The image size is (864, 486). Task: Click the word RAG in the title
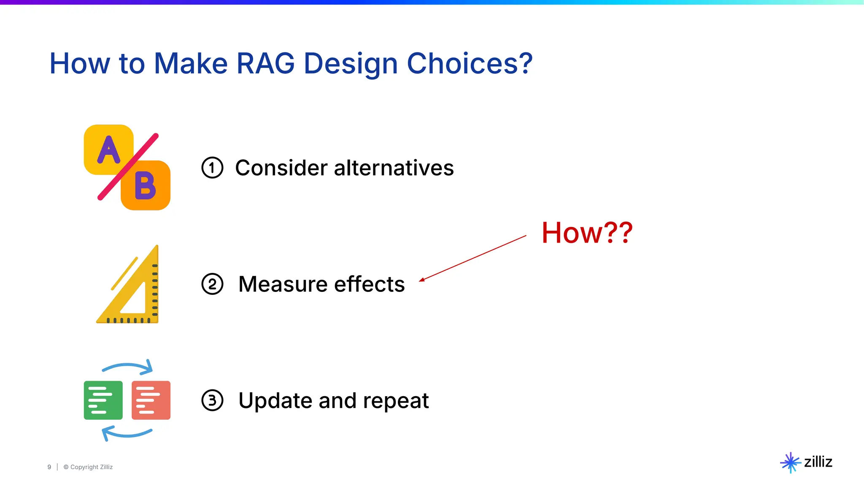coord(265,64)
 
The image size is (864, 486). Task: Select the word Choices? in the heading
coord(470,64)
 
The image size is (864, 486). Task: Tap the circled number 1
coord(212,168)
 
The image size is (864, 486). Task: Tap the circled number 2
coord(212,284)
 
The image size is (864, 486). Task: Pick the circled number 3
coord(212,400)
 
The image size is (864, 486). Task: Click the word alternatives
coord(394,168)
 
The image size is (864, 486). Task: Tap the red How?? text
coord(587,232)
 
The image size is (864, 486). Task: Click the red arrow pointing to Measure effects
coord(472,258)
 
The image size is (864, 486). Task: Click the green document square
coord(103,400)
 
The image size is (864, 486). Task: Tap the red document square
coord(151,400)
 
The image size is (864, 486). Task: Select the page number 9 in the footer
coord(49,467)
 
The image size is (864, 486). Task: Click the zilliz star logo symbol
coord(790,462)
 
